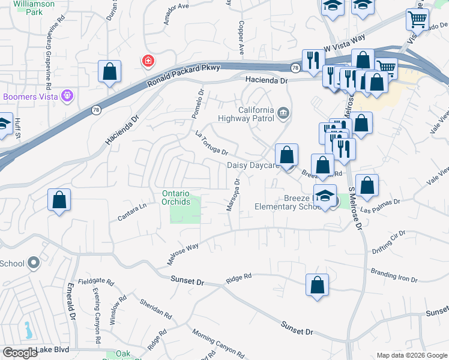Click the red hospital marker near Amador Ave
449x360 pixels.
(147, 61)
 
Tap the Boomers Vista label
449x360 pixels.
(31, 96)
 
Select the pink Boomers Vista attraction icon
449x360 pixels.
(67, 95)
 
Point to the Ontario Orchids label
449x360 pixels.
(176, 197)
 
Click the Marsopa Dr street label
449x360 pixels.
(233, 195)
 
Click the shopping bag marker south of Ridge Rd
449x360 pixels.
(317, 286)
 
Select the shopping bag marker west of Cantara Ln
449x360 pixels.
(59, 201)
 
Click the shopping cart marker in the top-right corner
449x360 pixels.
(417, 19)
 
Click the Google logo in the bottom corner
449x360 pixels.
(20, 353)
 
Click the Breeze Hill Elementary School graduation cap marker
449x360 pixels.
(325, 197)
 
